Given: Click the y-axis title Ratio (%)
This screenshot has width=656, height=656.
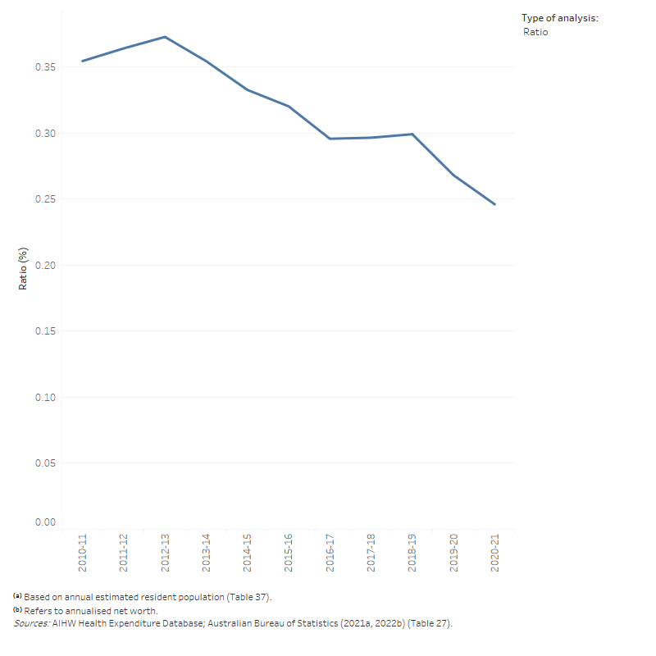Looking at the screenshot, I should coord(24,268).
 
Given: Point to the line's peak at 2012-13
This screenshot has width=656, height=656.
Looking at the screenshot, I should coord(165,37).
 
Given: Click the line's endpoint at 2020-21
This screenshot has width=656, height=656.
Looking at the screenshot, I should coord(494,204).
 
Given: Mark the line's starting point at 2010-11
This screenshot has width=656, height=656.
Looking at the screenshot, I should coord(83,61).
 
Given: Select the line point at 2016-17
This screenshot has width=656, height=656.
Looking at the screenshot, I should coord(330,139).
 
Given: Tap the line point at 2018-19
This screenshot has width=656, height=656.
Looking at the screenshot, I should coord(412,134).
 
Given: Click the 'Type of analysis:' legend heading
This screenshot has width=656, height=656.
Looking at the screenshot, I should coord(560,17).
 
